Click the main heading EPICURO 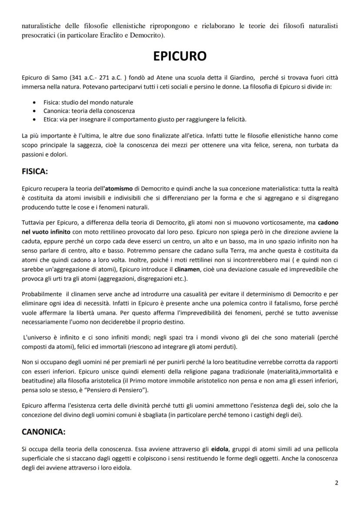[x=180, y=57]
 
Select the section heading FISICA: [x=35, y=172]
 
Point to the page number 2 [x=336, y=482]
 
